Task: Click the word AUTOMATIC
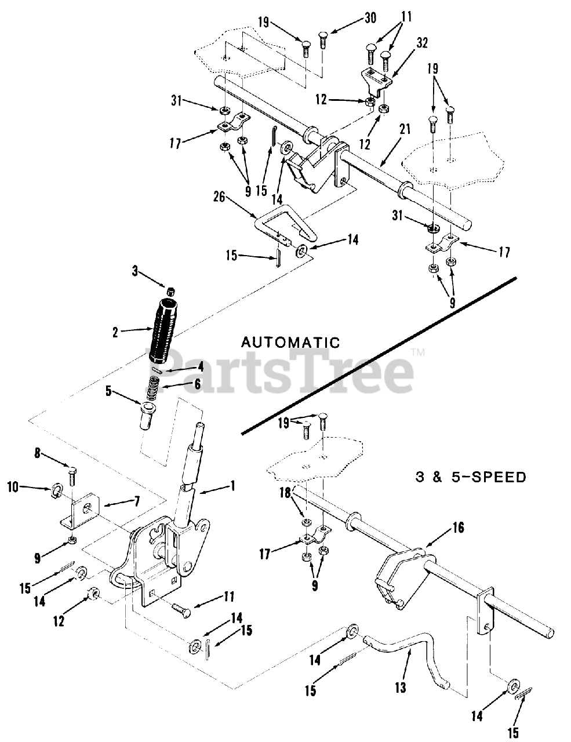tap(290, 343)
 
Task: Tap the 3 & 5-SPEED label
tap(471, 477)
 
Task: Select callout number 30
tap(370, 18)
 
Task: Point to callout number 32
tap(422, 43)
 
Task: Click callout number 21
tap(405, 130)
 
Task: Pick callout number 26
tap(219, 197)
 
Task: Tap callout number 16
tap(459, 528)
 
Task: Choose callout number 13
tap(401, 687)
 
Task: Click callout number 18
tap(285, 493)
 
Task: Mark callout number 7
tap(137, 501)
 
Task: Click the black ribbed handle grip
tap(164, 330)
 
